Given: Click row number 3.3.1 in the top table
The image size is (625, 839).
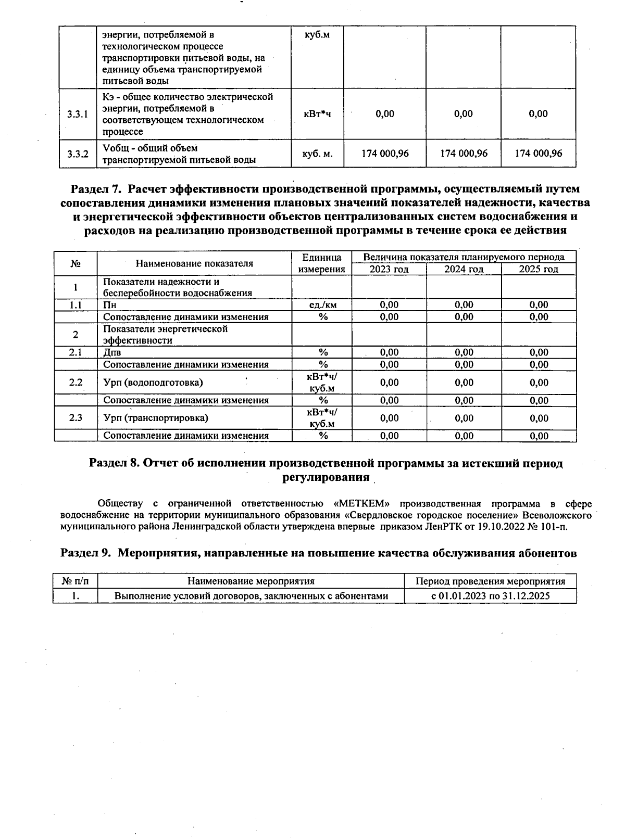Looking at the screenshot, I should pyautogui.click(x=78, y=114).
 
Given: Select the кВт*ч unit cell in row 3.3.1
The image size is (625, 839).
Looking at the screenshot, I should pyautogui.click(x=317, y=114).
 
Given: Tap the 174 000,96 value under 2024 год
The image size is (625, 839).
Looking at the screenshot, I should pyautogui.click(x=464, y=154).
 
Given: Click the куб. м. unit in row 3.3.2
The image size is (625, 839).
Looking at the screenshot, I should pyautogui.click(x=317, y=154).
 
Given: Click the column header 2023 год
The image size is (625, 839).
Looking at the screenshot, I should pyautogui.click(x=389, y=269).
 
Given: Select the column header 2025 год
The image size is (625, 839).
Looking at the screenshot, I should pyautogui.click(x=539, y=269).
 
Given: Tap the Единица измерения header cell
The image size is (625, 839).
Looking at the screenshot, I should pyautogui.click(x=321, y=263).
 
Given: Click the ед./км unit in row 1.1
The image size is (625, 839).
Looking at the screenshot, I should pyautogui.click(x=322, y=305).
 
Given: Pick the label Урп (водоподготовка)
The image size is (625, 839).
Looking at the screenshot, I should pyautogui.click(x=153, y=383).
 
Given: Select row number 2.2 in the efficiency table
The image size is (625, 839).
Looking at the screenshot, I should pyautogui.click(x=76, y=383).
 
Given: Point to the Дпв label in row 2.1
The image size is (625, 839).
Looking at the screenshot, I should pyautogui.click(x=112, y=353).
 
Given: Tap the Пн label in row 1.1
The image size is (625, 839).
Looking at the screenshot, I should pyautogui.click(x=109, y=305).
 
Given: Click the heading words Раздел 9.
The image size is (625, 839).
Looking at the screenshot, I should pyautogui.click(x=86, y=553).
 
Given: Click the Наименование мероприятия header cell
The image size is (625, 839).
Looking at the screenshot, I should pyautogui.click(x=251, y=581).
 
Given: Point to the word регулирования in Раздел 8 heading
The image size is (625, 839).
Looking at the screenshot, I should pyautogui.click(x=326, y=477).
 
